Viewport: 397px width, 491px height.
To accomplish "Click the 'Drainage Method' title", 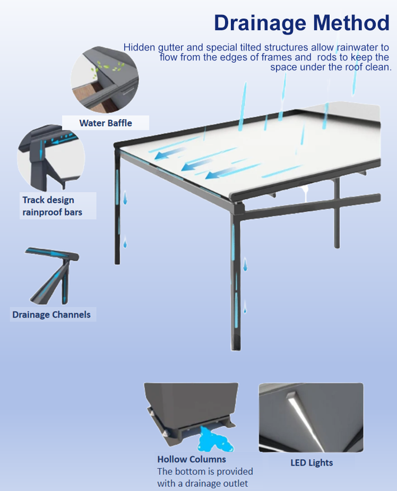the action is pyautogui.click(x=301, y=23).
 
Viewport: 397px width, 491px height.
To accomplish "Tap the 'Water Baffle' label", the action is pyautogui.click(x=106, y=123).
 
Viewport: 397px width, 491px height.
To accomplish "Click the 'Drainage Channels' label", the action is pyautogui.click(x=51, y=315).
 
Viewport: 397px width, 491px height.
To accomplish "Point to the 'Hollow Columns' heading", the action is pyautogui.click(x=191, y=459).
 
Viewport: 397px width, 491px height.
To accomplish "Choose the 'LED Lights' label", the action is pyautogui.click(x=312, y=463).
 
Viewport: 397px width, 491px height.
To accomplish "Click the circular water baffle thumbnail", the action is pyautogui.click(x=105, y=78).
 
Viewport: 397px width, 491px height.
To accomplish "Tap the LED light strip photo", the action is pyautogui.click(x=311, y=417).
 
